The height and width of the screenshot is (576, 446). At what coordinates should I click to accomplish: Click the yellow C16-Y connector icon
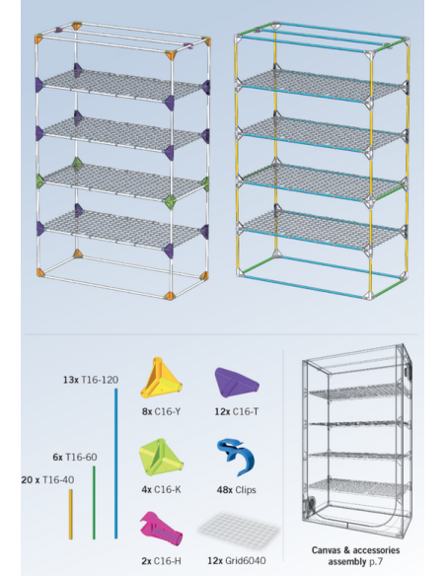tap(161, 379)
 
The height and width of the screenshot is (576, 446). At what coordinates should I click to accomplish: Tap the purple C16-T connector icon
tap(237, 383)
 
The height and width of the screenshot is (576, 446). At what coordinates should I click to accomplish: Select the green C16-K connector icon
tap(161, 458)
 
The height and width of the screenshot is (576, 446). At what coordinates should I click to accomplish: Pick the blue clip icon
tap(237, 457)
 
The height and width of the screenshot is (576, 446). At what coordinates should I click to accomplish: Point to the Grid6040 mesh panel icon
tap(238, 530)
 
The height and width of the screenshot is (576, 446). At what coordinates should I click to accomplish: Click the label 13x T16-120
tap(91, 380)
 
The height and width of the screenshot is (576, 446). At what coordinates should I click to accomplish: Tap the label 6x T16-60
tap(75, 457)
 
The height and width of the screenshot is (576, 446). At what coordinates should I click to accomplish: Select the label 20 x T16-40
tap(47, 479)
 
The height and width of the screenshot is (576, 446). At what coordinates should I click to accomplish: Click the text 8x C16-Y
tap(161, 411)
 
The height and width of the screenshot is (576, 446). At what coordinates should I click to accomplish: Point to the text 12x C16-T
tap(237, 411)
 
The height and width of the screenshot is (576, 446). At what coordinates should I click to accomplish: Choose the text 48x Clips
tap(236, 489)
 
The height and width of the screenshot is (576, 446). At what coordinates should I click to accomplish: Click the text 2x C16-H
tap(161, 561)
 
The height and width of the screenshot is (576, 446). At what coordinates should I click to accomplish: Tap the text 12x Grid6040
tap(237, 560)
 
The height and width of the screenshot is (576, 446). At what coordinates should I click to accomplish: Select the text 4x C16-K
tap(161, 489)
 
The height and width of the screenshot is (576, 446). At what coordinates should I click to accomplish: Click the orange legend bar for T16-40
tap(71, 514)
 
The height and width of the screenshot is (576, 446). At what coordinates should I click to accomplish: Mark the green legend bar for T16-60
tap(94, 503)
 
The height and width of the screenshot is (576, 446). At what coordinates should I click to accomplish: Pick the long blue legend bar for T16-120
tap(116, 464)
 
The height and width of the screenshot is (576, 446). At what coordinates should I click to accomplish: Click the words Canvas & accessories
tap(355, 550)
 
